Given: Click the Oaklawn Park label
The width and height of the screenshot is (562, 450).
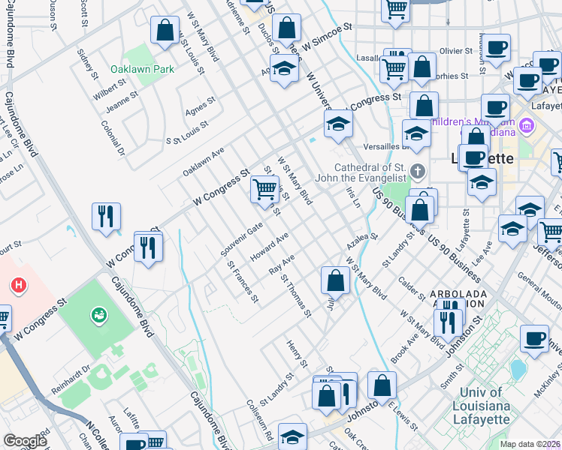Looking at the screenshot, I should [x=142, y=69].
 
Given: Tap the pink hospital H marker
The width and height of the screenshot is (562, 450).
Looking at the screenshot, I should [x=18, y=286].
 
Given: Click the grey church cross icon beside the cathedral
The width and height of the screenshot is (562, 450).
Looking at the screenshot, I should [x=418, y=172].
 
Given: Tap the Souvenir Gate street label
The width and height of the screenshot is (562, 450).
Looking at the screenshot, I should [x=241, y=238].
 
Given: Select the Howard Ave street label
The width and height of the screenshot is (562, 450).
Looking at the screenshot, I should [x=269, y=247].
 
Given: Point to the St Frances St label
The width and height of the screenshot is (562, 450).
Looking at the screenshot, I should [x=243, y=282].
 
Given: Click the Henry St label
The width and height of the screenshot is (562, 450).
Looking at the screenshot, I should [x=298, y=354].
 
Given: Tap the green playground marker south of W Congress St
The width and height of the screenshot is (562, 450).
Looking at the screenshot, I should [x=98, y=316].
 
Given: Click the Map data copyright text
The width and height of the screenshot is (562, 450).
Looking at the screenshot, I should [x=530, y=444].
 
